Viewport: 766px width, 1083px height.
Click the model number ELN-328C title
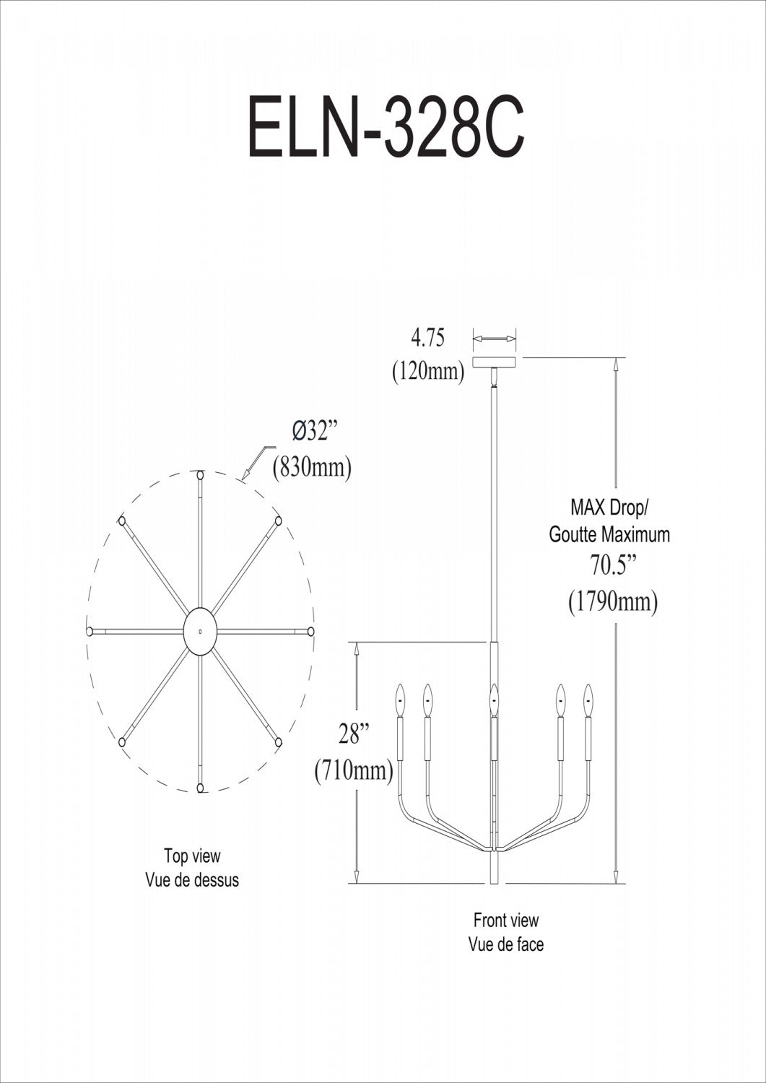pyautogui.click(x=386, y=128)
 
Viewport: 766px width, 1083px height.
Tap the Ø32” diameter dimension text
pyautogui.click(x=315, y=431)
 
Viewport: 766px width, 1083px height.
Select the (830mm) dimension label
pyautogui.click(x=312, y=468)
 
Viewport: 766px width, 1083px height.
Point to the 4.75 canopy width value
pyautogui.click(x=427, y=337)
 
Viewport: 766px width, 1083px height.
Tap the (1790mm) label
pyautogui.click(x=613, y=602)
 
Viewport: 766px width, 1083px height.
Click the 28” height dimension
pyautogui.click(x=354, y=734)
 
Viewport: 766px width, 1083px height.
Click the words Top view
pyautogui.click(x=192, y=856)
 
